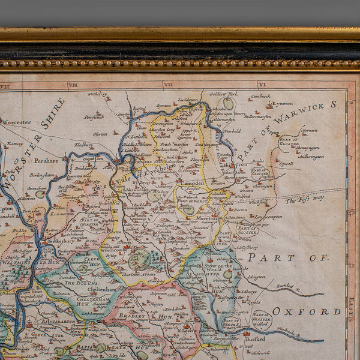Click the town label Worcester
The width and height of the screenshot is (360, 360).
(16, 122)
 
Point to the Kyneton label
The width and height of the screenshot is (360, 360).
(282, 103)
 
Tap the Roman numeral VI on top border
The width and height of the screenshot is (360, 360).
(262, 85)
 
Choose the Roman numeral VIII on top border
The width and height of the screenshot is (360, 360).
(73, 85)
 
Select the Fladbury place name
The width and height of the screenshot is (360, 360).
(83, 144)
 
